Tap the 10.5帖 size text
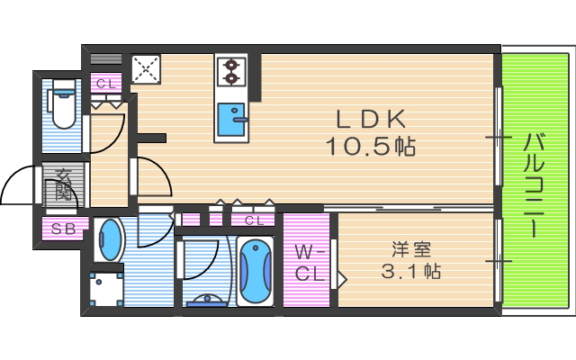click(x=371, y=147)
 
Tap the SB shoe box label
click(x=63, y=229)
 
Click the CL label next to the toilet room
click(x=106, y=84)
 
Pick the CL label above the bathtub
click(x=253, y=220)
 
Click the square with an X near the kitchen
click(x=146, y=69)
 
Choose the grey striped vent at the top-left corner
click(x=106, y=58)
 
